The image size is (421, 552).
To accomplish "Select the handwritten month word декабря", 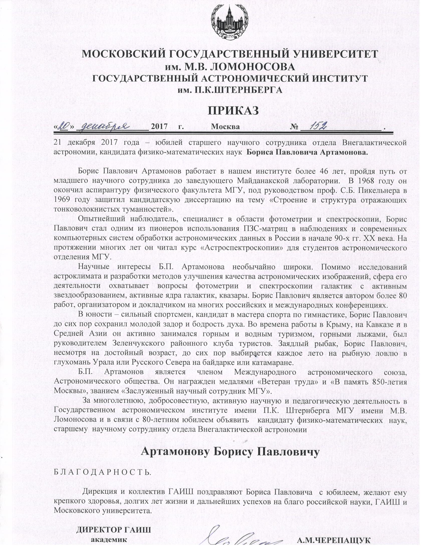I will (x=103, y=126).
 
